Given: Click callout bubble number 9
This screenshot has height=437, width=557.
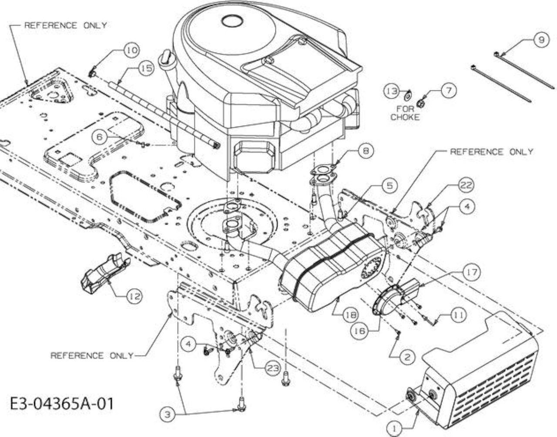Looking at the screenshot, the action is (x=541, y=40).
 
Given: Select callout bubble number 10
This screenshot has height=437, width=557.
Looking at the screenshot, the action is (x=132, y=50).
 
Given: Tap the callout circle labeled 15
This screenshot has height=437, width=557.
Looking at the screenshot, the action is (x=146, y=69).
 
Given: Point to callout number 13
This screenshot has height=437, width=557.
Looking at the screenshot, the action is (x=392, y=91).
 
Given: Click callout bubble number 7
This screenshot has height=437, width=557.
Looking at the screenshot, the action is (x=449, y=90).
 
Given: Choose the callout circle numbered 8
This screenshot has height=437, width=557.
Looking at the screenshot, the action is (x=366, y=151).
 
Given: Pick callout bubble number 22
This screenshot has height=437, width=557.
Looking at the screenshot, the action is (x=466, y=185).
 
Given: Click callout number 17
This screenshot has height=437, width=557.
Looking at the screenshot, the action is (x=472, y=272).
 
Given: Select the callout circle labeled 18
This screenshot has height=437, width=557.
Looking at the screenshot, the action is (x=351, y=315).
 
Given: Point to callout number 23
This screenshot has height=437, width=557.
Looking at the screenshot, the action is (x=272, y=368).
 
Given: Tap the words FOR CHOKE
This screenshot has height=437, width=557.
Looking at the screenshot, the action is (x=405, y=113).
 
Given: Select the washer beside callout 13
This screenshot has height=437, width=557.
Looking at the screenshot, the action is (x=408, y=97).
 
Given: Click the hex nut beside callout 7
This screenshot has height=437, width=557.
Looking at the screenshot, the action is (x=419, y=104).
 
